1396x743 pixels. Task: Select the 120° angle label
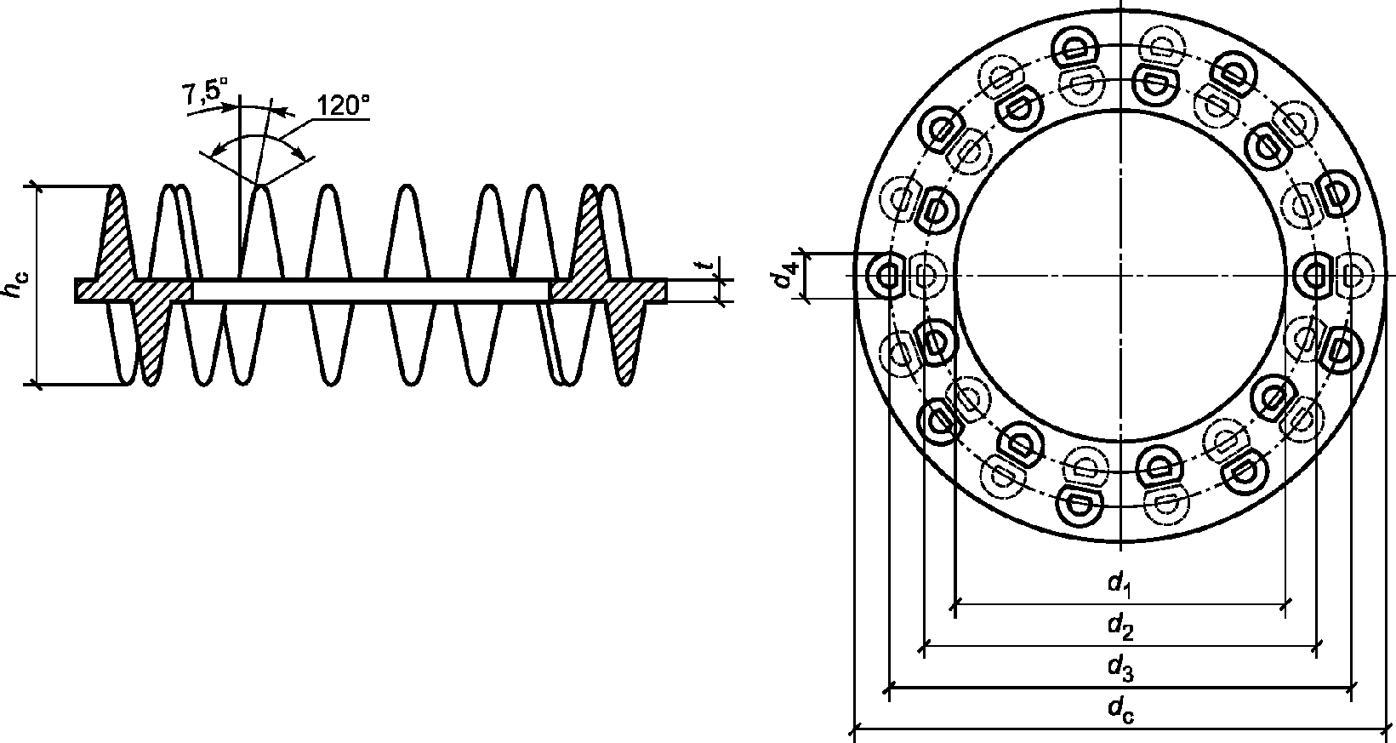tap(343, 106)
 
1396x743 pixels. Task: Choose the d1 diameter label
tap(1120, 585)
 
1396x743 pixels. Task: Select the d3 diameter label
tap(1120, 668)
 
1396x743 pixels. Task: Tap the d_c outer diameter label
tap(1120, 710)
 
